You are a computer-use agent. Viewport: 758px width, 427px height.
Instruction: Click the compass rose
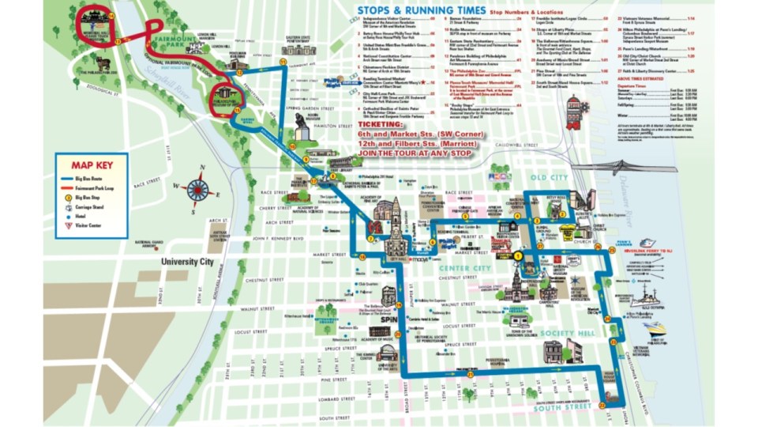(x=198, y=189)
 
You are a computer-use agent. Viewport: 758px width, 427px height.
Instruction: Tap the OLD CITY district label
(x=550, y=177)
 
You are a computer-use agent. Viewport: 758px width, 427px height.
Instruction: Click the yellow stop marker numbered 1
(x=518, y=255)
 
